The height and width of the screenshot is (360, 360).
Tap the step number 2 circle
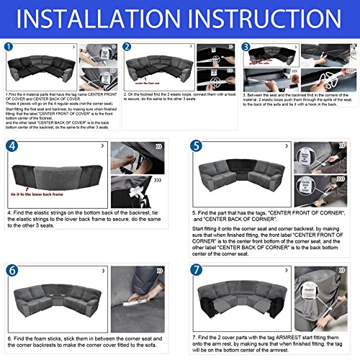tap(128, 47)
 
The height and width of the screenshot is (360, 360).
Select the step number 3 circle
tap(246, 47)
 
